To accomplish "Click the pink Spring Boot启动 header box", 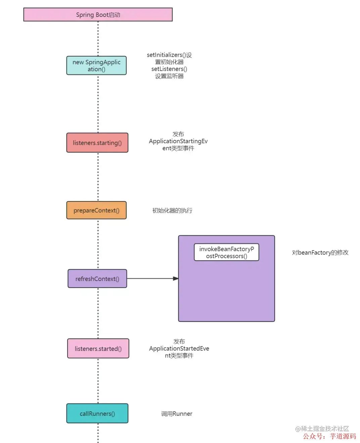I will tap(98, 15).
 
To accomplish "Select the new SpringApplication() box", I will tap(96, 66).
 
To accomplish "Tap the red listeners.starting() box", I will tap(97, 143).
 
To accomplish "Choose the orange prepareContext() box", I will tap(96, 210).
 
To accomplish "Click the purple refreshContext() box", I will tap(97, 279).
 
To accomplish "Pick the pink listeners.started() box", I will tap(98, 349).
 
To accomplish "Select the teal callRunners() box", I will tap(97, 413).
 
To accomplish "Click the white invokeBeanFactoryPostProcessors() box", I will tap(226, 252).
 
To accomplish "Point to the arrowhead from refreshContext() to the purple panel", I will tap(176, 279).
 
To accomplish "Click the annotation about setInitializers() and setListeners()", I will tap(169, 66).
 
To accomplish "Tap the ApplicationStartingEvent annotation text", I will tap(178, 141).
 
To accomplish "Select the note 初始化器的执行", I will tap(172, 211).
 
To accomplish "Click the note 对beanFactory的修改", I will tap(320, 253).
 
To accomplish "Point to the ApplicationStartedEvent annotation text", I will tap(179, 349).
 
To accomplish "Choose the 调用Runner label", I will tap(177, 414).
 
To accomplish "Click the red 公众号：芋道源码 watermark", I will tap(329, 436).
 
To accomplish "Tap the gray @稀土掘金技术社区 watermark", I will tap(322, 429).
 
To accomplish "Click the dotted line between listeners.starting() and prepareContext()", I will tap(98, 177).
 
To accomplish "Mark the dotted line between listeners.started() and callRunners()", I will tap(98, 381).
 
